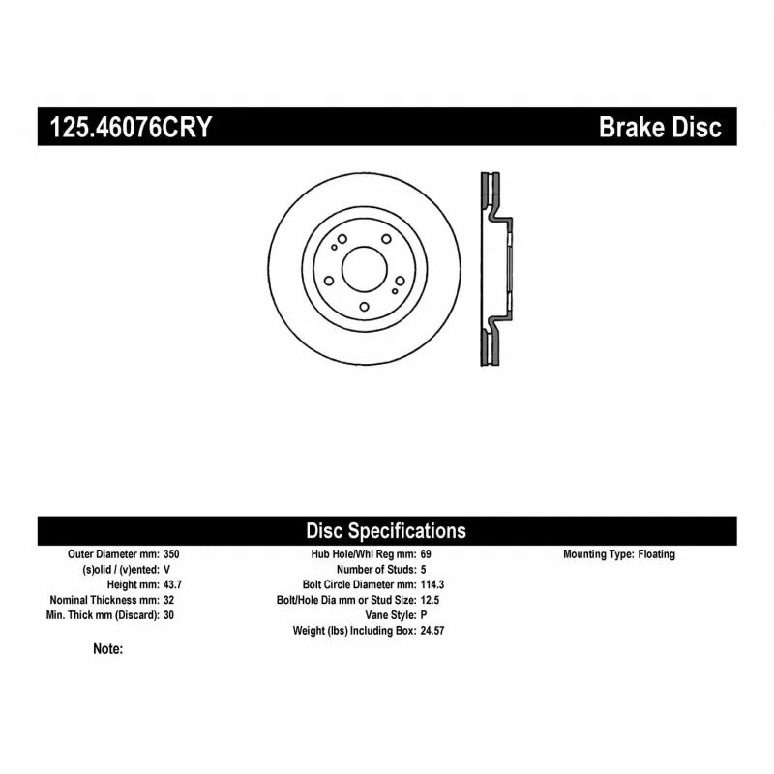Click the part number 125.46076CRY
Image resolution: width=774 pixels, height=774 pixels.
click(131, 127)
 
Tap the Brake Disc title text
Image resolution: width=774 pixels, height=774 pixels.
click(660, 127)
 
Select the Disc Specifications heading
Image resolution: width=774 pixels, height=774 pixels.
click(386, 530)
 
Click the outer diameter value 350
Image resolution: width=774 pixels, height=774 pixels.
click(171, 553)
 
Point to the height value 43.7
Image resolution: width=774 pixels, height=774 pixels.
click(173, 584)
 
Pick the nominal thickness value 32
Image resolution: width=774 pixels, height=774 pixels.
click(168, 600)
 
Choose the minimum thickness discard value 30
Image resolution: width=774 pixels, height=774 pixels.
click(168, 615)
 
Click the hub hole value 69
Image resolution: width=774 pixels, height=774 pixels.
click(426, 553)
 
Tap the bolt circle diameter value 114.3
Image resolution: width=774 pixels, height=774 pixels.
click(432, 584)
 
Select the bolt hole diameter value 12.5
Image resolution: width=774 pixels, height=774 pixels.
click(430, 600)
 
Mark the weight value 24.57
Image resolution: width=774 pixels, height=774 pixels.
click(432, 631)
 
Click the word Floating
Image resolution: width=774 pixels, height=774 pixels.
click(657, 553)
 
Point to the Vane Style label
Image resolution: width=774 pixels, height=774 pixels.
click(391, 615)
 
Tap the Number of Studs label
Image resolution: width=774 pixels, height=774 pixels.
click(376, 569)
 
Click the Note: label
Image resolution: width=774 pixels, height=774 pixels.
click(108, 648)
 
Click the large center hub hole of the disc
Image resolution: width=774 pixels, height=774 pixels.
click(365, 269)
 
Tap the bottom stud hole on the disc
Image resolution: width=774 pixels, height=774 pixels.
click(365, 307)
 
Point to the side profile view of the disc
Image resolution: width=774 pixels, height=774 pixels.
click(496, 269)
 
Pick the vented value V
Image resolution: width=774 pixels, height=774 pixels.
click(166, 569)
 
